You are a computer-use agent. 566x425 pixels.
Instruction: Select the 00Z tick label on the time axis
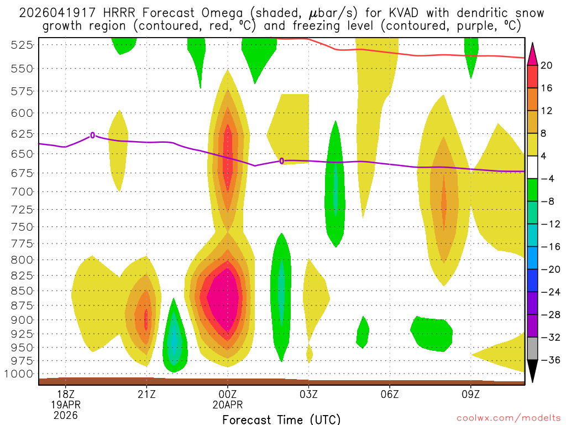coord(228,393)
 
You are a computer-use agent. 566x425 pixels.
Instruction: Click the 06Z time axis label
coord(390,393)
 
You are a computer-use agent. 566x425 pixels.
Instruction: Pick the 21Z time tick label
coord(146,393)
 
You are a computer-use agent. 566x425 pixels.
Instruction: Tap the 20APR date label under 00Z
coord(228,404)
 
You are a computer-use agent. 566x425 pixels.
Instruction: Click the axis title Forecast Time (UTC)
coord(281,419)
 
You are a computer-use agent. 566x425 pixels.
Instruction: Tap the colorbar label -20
coord(548,269)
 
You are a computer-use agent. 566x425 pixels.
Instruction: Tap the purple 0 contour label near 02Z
coord(282,161)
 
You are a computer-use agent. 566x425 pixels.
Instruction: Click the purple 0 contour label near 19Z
coord(92,135)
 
